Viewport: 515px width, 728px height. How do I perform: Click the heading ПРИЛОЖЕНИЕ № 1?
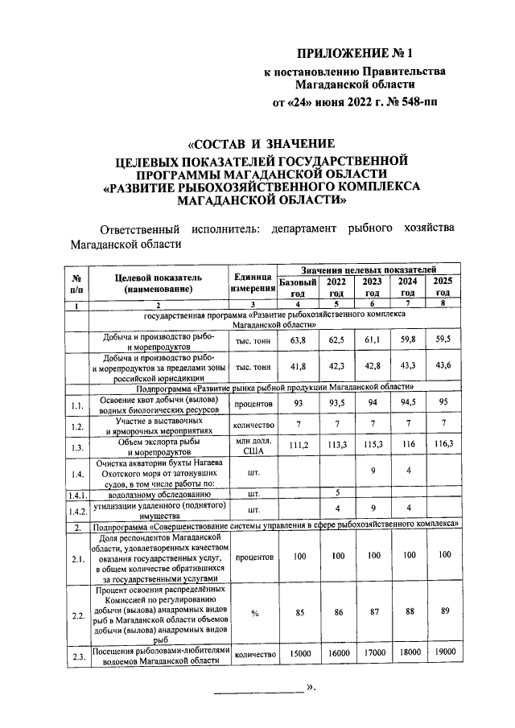click(354, 55)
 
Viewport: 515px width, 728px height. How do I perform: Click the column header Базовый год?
click(297, 286)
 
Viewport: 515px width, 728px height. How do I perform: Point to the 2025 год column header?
click(442, 286)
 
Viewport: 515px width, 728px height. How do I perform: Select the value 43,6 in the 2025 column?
click(442, 367)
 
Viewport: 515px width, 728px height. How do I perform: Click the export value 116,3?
click(442, 444)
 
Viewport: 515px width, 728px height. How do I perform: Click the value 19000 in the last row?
click(442, 653)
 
